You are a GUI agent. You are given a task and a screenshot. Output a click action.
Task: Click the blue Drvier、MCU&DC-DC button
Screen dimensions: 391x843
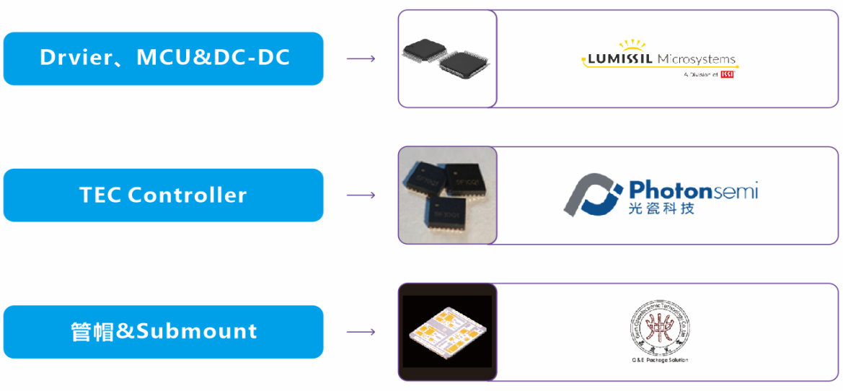(163, 58)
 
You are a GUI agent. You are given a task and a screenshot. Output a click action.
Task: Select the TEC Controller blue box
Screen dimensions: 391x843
(163, 195)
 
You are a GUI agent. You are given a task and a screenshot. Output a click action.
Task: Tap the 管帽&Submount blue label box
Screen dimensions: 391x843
(163, 332)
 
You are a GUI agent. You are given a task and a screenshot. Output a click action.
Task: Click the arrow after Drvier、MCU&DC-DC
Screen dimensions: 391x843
(361, 58)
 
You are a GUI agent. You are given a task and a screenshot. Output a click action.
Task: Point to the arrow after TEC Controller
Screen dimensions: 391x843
(361, 195)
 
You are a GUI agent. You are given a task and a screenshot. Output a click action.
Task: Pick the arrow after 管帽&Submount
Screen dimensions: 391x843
(361, 332)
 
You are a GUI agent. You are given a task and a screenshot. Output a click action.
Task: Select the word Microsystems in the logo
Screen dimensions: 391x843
(697, 60)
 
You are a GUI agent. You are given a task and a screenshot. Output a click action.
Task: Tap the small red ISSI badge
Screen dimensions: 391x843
(727, 74)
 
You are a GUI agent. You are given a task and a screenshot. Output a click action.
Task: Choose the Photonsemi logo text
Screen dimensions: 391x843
(693, 190)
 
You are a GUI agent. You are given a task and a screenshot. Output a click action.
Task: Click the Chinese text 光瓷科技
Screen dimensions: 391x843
(662, 208)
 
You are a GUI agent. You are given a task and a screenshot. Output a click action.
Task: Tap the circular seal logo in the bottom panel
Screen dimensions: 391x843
(656, 325)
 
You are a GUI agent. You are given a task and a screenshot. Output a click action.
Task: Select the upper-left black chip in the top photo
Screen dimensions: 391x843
(423, 50)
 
